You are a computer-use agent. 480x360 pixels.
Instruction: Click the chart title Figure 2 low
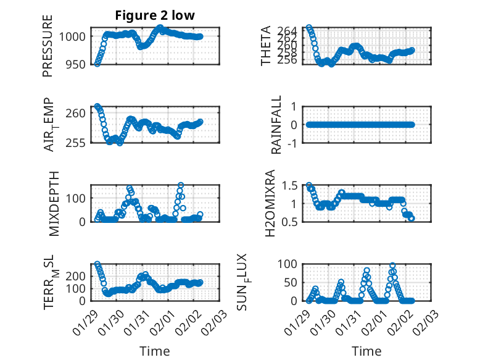click(x=155, y=16)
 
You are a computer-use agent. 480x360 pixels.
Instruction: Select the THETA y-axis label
click(x=266, y=46)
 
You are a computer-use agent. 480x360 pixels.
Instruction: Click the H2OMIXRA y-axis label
click(x=270, y=203)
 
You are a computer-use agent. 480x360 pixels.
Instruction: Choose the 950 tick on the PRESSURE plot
click(x=77, y=64)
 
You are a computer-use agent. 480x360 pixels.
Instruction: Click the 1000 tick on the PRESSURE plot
click(x=74, y=36)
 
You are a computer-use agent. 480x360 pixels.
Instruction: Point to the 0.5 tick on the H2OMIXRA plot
click(x=290, y=221)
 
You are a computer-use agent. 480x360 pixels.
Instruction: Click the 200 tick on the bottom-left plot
click(x=77, y=276)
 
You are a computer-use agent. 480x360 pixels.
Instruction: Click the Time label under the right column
click(x=366, y=351)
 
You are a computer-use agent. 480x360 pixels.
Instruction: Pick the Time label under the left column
click(x=151, y=351)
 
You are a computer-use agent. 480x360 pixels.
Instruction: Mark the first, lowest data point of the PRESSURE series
click(x=97, y=63)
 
